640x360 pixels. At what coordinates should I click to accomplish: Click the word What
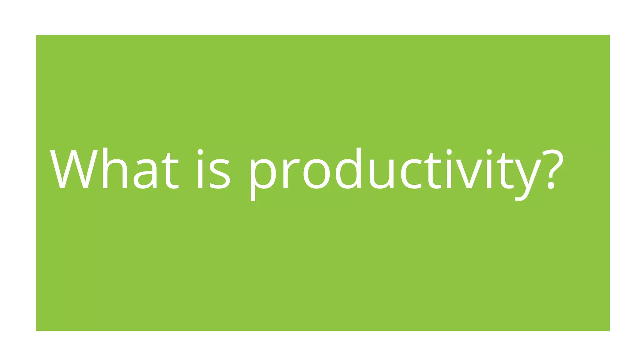[x=114, y=169]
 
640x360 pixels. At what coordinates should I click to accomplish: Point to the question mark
[x=552, y=169]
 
